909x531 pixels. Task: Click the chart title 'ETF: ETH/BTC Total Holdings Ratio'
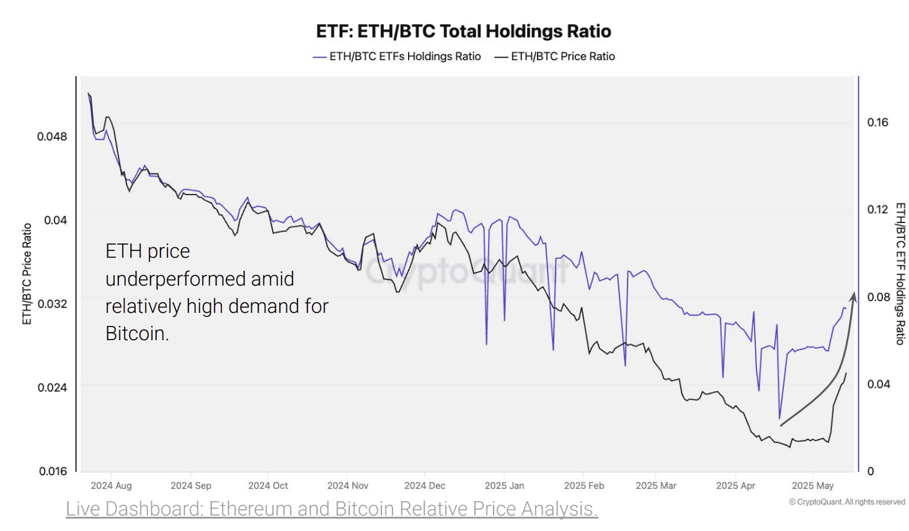tap(463, 31)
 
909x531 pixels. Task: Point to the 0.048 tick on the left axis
tap(52, 136)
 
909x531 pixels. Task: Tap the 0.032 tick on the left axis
tap(52, 304)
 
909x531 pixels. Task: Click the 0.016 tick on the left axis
tap(53, 471)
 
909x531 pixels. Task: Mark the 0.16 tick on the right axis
tap(877, 122)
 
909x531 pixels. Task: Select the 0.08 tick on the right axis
tap(877, 297)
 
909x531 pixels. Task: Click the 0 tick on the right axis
tap(871, 472)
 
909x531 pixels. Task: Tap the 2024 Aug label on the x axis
tap(111, 486)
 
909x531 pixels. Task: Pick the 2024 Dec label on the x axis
tap(425, 486)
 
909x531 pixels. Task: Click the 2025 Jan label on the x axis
tap(504, 486)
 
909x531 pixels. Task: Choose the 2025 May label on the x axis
tap(812, 486)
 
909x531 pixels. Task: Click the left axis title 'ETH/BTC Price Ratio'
tap(27, 274)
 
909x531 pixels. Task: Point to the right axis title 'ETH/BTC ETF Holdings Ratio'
tap(900, 274)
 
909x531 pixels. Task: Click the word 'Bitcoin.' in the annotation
tap(137, 333)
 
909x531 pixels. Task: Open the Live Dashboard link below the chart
tap(332, 509)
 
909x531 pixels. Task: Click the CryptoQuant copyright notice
tap(846, 502)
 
